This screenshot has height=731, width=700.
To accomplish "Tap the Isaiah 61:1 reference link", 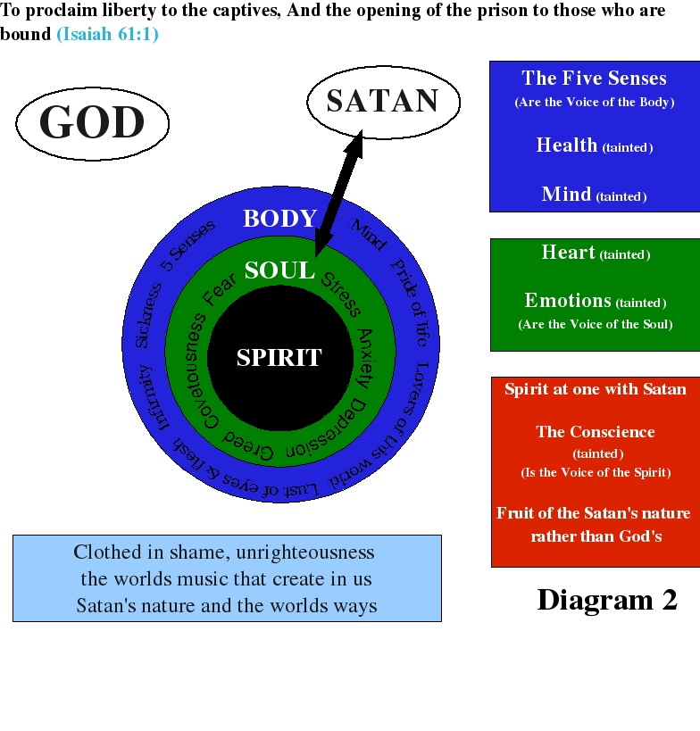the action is [107, 34].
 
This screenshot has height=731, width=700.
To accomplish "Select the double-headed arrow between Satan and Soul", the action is [338, 194].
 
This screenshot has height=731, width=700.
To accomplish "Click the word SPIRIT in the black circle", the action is [279, 358].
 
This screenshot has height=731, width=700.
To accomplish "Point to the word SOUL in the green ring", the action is [279, 270].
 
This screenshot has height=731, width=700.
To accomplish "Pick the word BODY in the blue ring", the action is [279, 218].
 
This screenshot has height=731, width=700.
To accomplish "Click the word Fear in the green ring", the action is [219, 290].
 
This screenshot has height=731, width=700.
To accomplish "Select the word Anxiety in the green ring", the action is [365, 359].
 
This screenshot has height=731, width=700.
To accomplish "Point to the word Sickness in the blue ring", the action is [148, 315].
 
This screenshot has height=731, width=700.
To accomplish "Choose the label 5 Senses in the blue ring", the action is [187, 245].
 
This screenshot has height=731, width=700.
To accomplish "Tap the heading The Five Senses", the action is [594, 78].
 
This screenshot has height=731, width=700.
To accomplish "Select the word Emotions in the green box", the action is [568, 300].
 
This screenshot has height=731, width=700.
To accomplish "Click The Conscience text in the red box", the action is [596, 432].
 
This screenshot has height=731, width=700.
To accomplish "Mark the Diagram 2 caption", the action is [607, 600].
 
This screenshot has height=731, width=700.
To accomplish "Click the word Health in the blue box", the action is [567, 145].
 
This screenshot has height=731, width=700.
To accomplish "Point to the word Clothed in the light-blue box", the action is [107, 552].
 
